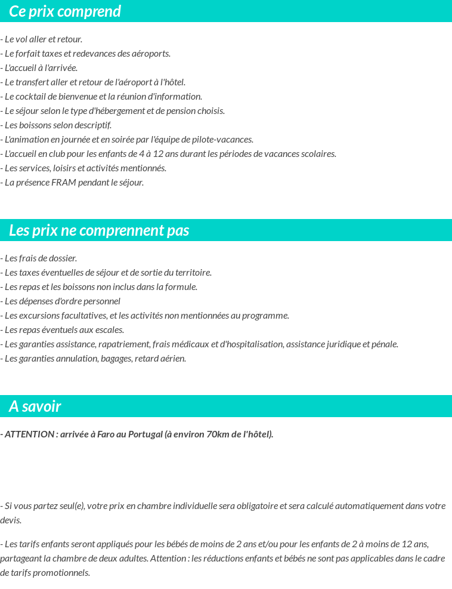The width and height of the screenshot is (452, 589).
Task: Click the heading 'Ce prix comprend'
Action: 65,11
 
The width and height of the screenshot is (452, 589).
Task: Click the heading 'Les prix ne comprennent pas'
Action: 99,230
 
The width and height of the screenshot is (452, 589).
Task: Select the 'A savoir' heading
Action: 35,406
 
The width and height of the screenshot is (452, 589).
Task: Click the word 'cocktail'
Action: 35,97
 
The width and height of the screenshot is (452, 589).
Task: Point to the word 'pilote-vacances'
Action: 225,140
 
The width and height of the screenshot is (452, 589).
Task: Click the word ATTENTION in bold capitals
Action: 29,434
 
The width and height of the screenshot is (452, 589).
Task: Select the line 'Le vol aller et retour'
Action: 42,39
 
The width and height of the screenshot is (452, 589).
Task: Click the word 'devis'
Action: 11,520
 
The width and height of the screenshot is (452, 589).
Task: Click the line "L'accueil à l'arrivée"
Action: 39,68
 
